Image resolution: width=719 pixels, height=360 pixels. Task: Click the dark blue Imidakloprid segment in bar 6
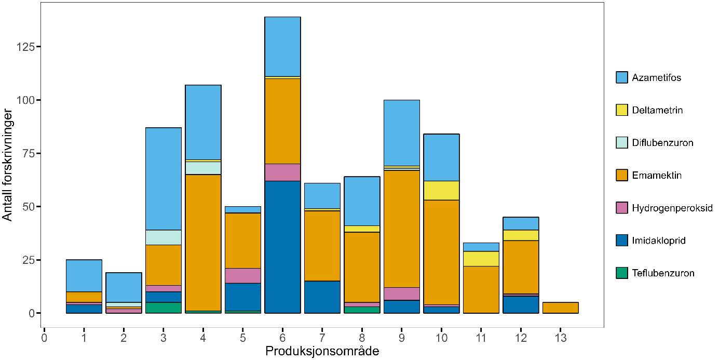point(282,247)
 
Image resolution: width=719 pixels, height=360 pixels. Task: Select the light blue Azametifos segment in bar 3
point(164,179)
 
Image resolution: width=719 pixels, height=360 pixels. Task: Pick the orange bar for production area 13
point(560,308)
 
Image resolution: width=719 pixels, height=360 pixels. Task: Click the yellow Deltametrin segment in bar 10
point(441,190)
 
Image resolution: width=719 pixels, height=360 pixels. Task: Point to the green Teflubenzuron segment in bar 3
point(164,308)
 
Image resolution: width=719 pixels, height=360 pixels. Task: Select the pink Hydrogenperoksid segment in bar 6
point(282,172)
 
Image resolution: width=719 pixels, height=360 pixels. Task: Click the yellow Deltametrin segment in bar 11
point(481,259)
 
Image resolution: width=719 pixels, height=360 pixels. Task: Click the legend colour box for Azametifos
point(622,78)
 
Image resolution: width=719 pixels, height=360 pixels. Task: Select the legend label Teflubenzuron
point(663,273)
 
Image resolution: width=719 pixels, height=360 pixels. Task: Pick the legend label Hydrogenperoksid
point(672,208)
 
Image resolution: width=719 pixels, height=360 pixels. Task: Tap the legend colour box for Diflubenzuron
point(622,143)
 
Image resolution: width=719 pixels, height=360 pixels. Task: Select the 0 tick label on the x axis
point(44,339)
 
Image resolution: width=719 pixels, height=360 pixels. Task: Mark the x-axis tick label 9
point(401,339)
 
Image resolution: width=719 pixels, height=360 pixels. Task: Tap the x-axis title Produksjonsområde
point(322,352)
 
